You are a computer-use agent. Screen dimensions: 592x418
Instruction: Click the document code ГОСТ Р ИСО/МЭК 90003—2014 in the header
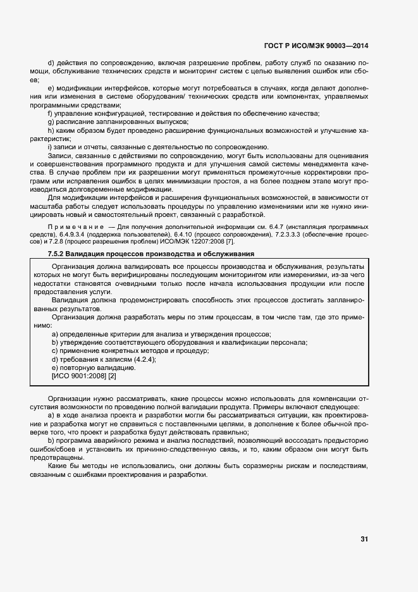(316, 46)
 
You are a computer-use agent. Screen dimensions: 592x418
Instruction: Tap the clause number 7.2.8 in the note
(52, 242)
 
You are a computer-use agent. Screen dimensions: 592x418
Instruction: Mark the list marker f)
(51, 113)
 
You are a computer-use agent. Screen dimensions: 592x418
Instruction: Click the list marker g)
(51, 121)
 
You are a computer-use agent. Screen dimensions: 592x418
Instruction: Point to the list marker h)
(51, 130)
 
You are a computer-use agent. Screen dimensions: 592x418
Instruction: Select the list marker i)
(50, 147)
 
